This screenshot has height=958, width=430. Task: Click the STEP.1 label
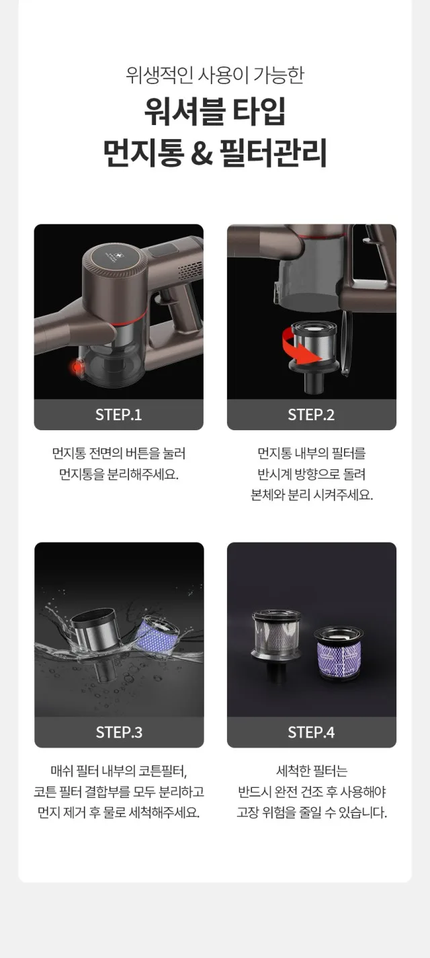[118, 414]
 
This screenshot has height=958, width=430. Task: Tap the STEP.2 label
[311, 414]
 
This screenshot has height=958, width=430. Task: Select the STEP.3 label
[119, 732]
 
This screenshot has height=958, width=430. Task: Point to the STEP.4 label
[311, 732]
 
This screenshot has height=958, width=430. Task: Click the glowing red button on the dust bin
[77, 366]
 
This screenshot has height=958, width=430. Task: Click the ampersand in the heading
[202, 153]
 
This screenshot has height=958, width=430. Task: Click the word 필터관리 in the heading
[273, 152]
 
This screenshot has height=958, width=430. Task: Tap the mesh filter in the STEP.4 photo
[276, 639]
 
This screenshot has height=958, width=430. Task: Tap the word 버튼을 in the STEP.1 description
[153, 453]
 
